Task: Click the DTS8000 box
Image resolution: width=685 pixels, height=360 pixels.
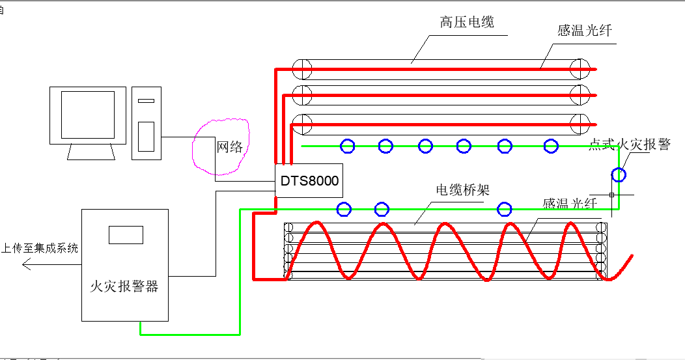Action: (309, 180)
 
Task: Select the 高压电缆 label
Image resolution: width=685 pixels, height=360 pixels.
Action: (467, 22)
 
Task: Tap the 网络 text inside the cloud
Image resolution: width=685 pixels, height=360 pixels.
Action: (229, 147)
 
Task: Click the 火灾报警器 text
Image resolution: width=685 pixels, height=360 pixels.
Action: (124, 286)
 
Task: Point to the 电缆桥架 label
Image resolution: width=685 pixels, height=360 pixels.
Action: (462, 190)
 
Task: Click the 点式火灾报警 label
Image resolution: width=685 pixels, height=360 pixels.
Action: (629, 145)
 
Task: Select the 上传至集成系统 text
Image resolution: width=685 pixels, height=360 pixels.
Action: (40, 248)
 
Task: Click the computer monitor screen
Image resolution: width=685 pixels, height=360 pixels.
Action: (88, 115)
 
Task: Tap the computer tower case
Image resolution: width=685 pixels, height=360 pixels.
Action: (147, 123)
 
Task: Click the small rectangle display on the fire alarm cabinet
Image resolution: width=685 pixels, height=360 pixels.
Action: (126, 234)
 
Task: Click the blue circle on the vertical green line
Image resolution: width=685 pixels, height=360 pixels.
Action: (619, 174)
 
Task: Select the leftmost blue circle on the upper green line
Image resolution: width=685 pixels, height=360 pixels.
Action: (348, 146)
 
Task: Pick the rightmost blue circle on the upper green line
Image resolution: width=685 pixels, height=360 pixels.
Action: (551, 146)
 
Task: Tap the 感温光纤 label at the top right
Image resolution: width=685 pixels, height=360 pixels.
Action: (585, 31)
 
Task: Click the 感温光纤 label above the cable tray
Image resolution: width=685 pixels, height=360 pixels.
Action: (570, 203)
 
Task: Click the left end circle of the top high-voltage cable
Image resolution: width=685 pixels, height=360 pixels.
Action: (301, 68)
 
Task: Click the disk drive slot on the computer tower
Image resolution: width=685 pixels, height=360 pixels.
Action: (147, 101)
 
